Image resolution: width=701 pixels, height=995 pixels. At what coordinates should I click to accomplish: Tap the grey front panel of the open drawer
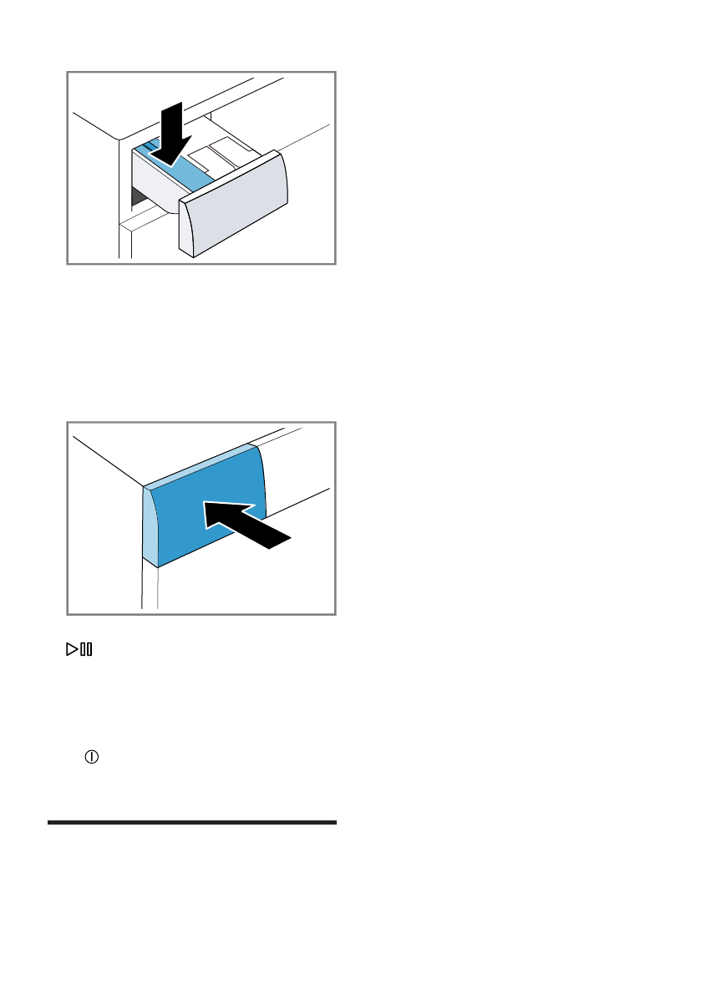236,204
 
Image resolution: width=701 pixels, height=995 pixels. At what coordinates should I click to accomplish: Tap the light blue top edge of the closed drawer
201,465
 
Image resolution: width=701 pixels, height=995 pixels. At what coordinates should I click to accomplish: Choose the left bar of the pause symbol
82,649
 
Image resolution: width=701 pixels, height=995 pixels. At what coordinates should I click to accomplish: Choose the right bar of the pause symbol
89,649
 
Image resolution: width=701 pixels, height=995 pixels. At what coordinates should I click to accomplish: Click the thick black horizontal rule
191,823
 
